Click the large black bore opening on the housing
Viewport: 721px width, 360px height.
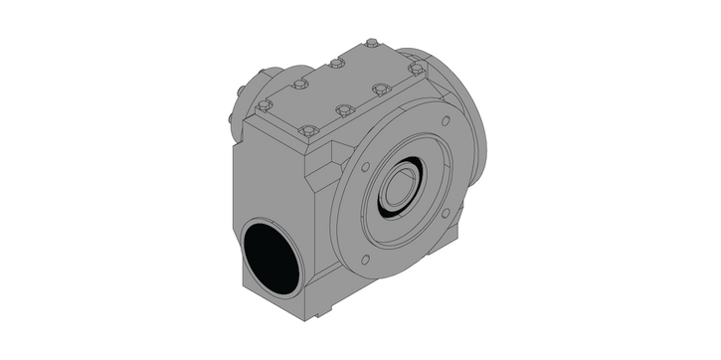tap(271, 257)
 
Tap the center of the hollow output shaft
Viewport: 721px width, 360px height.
tap(404, 184)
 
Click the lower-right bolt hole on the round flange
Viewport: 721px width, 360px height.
tap(445, 212)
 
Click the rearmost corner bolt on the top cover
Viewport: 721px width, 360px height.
tap(371, 43)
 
